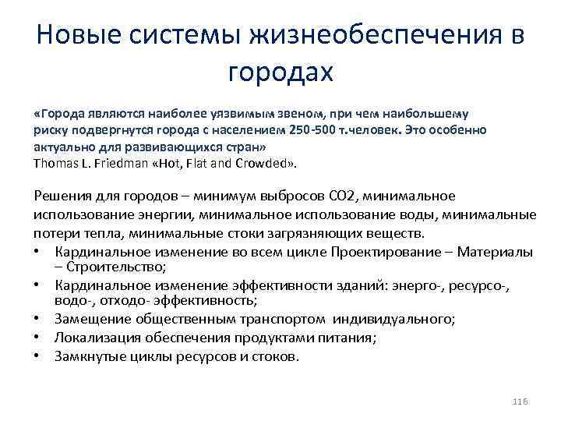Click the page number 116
pyautogui.click(x=520, y=400)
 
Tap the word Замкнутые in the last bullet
pyautogui.click(x=87, y=356)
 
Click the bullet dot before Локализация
pyautogui.click(x=39, y=338)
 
